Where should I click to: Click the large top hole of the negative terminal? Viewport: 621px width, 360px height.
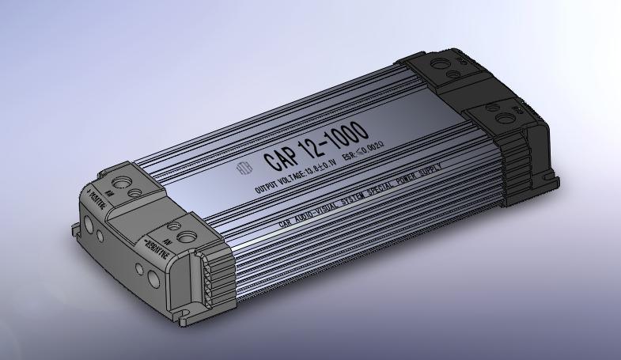[187, 235]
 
